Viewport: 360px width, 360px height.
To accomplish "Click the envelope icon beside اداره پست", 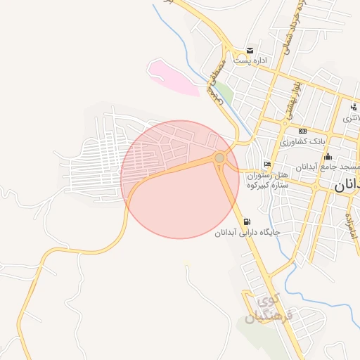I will [x=250, y=51].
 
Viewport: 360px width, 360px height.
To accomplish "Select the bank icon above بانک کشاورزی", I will [x=302, y=131].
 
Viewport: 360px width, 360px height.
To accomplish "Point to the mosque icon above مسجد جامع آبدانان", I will [x=328, y=156].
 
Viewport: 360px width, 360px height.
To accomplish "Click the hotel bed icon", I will [x=266, y=164].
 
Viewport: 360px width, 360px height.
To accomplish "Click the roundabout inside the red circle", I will [x=220, y=158].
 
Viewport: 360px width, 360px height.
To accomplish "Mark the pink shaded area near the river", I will [x=173, y=77].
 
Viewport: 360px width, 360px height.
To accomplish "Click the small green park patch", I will [x=224, y=91].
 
